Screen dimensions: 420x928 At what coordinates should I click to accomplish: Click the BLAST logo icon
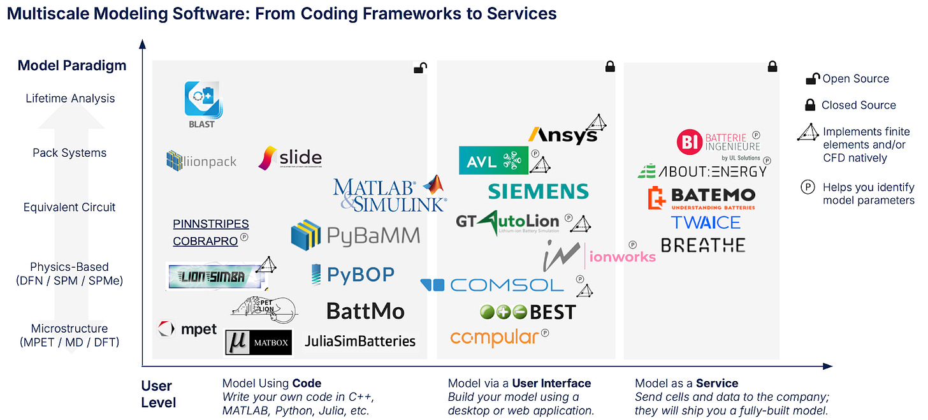click(x=202, y=99)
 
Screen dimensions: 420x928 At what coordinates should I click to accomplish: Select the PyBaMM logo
click(x=355, y=235)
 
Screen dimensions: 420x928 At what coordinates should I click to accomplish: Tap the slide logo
click(x=290, y=158)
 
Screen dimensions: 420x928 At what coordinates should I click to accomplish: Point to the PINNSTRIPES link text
click(x=211, y=224)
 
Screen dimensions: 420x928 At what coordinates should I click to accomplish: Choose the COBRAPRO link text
click(x=205, y=241)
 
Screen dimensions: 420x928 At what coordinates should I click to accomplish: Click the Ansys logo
click(x=562, y=134)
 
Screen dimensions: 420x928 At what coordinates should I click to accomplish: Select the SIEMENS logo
click(x=538, y=191)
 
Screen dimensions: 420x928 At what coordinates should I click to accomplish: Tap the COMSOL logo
click(x=491, y=285)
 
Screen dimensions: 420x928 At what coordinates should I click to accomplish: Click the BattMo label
click(x=365, y=311)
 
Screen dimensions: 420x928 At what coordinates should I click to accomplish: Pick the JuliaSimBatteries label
click(x=359, y=341)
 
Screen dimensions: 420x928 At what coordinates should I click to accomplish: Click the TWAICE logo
click(x=706, y=222)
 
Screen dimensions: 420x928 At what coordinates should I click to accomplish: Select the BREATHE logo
click(x=703, y=245)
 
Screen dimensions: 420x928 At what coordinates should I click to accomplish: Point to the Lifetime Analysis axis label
click(x=70, y=98)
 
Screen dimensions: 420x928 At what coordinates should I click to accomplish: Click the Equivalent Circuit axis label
click(x=69, y=207)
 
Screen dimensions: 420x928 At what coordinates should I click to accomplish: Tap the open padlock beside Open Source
click(x=812, y=79)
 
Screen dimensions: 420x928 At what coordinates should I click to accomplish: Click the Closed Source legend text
click(x=859, y=105)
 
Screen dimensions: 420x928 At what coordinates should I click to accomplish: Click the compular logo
click(x=495, y=337)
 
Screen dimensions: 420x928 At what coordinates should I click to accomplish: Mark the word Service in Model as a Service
click(x=717, y=383)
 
